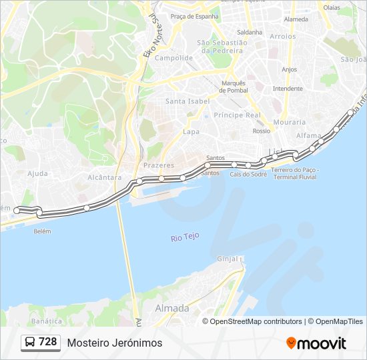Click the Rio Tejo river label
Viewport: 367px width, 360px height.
click(x=186, y=238)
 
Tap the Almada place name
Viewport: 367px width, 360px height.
click(x=172, y=309)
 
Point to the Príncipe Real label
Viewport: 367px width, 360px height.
click(x=237, y=115)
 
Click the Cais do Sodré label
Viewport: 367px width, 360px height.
click(x=248, y=174)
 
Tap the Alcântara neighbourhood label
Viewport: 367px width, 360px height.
click(x=104, y=178)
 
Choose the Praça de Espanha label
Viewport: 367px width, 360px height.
click(x=194, y=16)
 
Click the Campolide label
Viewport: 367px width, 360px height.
click(x=173, y=58)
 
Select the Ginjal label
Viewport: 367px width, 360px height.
click(x=228, y=259)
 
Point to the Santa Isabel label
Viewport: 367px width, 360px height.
click(x=188, y=101)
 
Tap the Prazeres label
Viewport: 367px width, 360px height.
click(x=159, y=165)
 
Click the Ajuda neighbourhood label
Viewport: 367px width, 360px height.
click(x=37, y=173)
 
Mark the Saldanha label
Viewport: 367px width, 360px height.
click(x=250, y=32)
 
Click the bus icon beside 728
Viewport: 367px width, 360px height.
click(x=30, y=343)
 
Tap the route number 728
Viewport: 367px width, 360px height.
click(x=47, y=342)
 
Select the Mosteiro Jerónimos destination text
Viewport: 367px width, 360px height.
click(x=114, y=343)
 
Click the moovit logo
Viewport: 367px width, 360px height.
click(x=316, y=343)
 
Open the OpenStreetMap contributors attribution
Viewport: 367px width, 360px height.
click(x=256, y=321)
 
